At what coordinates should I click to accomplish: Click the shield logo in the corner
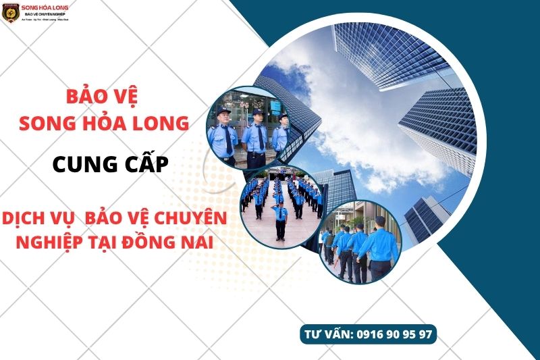tap(10, 13)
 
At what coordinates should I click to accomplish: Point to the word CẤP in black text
tap(143, 164)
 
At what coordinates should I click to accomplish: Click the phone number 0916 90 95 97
tap(392, 334)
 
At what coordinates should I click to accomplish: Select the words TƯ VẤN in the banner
tap(327, 334)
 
